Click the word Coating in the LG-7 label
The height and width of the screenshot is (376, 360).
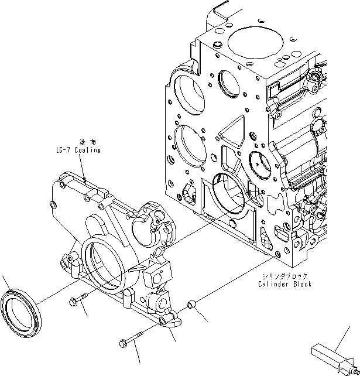(x=87, y=151)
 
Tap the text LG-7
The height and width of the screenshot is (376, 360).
(x=58, y=151)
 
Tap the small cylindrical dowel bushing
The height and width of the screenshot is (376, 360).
(x=191, y=305)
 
